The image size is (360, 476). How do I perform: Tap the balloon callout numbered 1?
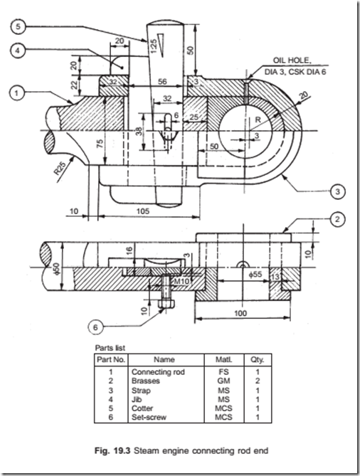tap(17, 91)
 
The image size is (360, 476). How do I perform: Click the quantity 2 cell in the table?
tap(250, 381)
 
